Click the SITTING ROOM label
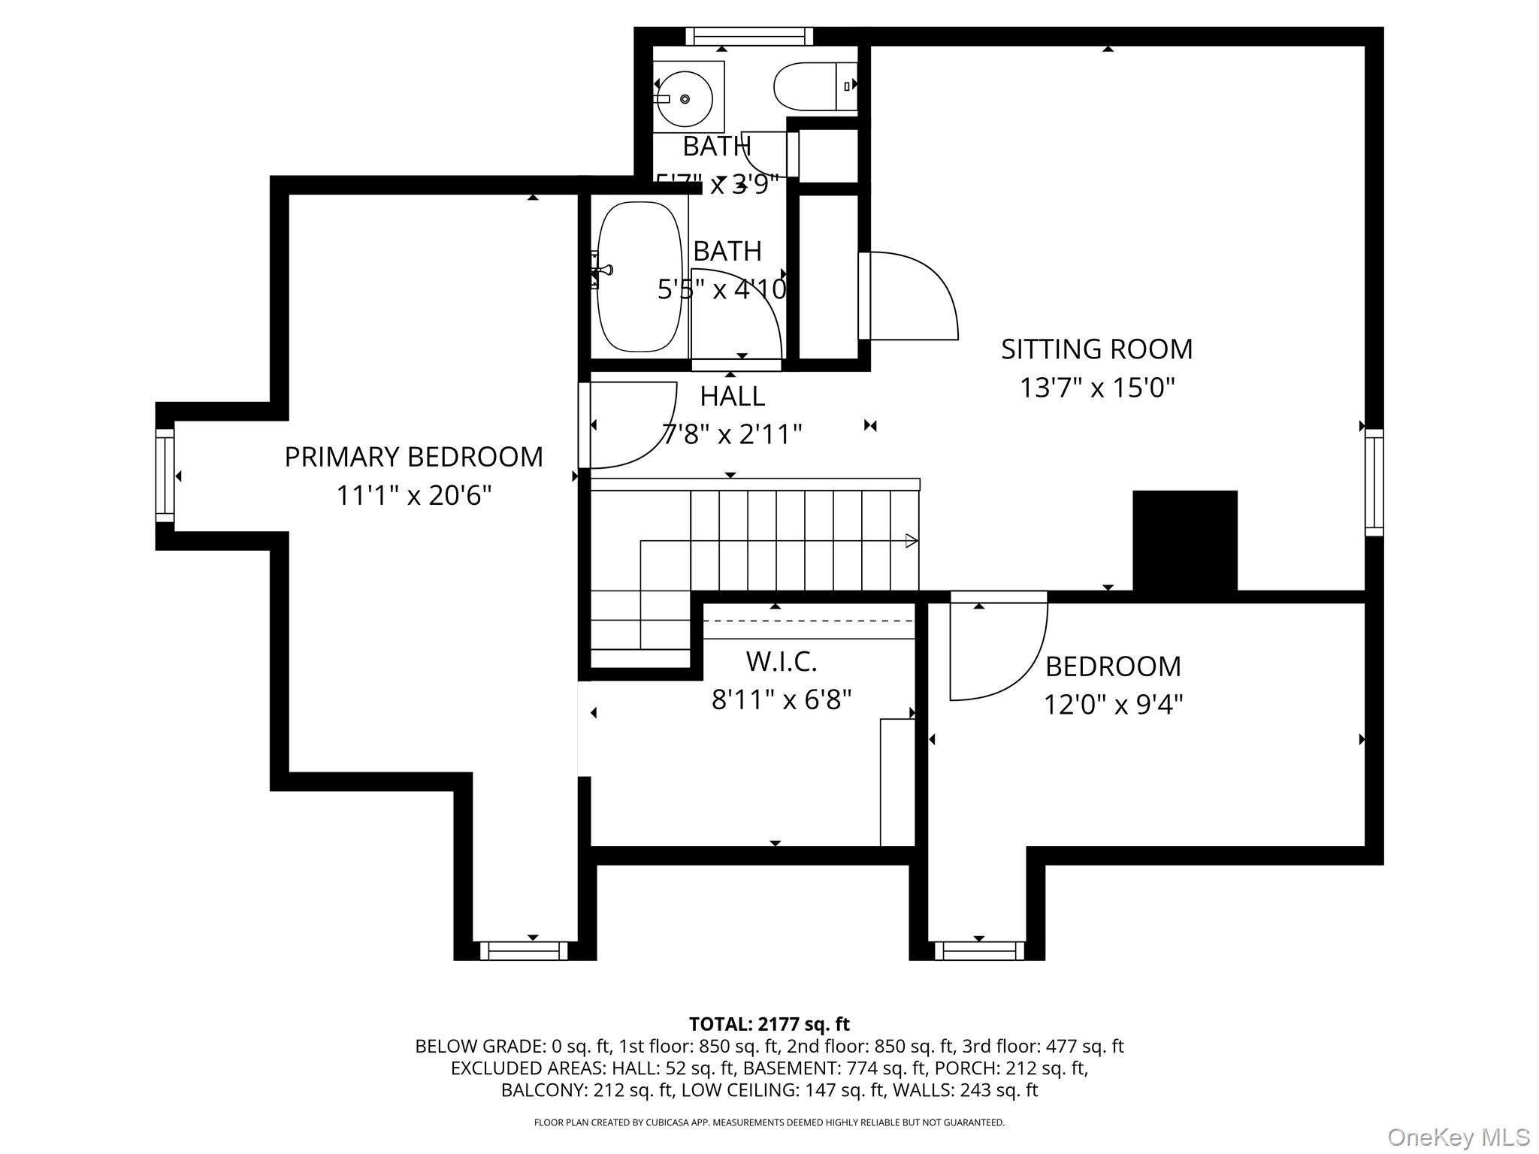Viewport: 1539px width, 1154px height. pyautogui.click(x=1096, y=349)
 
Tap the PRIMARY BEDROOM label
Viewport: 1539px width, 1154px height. pyautogui.click(x=413, y=457)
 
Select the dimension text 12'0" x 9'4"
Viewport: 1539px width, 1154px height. pyautogui.click(x=1113, y=705)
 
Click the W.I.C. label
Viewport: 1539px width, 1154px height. pyautogui.click(x=781, y=662)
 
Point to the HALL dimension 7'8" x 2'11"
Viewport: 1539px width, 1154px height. pyautogui.click(x=732, y=434)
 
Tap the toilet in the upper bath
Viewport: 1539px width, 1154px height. pyautogui.click(x=813, y=87)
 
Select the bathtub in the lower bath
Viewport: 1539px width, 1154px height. pyautogui.click(x=639, y=276)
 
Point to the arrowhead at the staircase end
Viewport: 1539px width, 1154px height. pyautogui.click(x=912, y=540)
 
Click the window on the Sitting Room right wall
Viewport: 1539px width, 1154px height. pyautogui.click(x=1374, y=482)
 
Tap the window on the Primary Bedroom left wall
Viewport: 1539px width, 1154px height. pyautogui.click(x=165, y=476)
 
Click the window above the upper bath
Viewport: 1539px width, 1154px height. pyautogui.click(x=749, y=36)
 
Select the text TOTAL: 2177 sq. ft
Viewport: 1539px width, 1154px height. pyautogui.click(x=769, y=1024)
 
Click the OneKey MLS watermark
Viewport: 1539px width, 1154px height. pyautogui.click(x=1459, y=1137)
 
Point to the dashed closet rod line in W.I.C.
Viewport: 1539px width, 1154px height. pyautogui.click(x=809, y=621)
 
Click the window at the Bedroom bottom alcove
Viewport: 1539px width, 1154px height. pyautogui.click(x=978, y=951)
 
